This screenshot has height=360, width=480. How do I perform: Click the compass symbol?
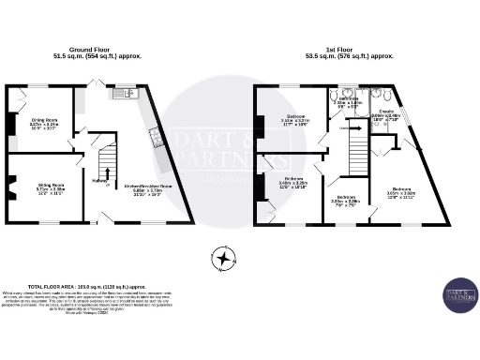click(223, 256)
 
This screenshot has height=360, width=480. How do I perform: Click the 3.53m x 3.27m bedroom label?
click(294, 118)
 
